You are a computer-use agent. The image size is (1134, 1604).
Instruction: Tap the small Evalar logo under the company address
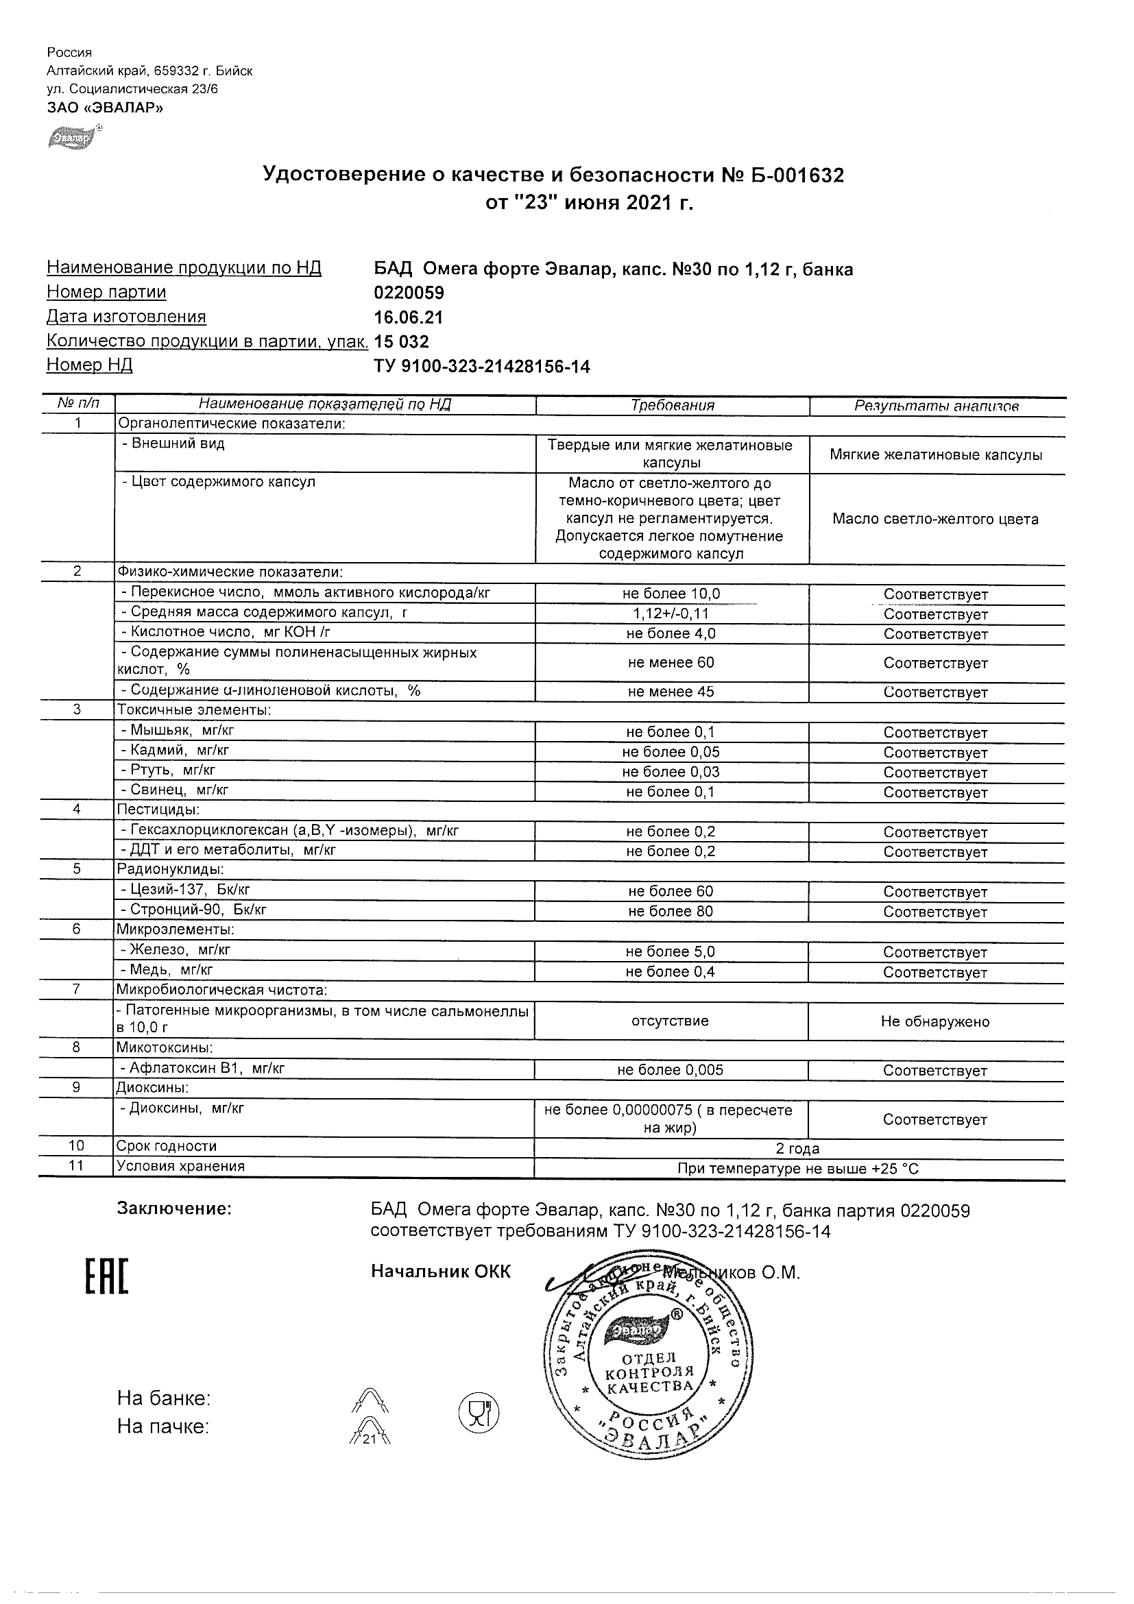[x=70, y=138]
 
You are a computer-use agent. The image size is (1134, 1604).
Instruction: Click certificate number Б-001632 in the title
[x=793, y=175]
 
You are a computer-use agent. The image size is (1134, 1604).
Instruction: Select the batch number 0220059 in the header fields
[x=409, y=293]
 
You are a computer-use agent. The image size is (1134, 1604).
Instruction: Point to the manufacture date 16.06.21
[x=409, y=318]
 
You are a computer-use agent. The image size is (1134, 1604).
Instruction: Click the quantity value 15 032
[x=402, y=341]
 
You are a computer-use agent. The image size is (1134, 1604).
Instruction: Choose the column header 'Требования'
[x=672, y=406]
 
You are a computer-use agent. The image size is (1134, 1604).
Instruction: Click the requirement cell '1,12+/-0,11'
[x=671, y=613]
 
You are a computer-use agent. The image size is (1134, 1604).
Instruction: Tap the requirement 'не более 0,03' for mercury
[x=671, y=772]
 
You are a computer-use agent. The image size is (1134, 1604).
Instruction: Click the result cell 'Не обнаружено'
[x=935, y=1021]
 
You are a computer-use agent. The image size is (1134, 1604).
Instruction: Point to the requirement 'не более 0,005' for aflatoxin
[x=671, y=1069]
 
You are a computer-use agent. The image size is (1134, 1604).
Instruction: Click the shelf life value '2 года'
[x=797, y=1149]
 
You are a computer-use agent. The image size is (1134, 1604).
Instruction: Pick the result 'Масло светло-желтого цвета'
[x=935, y=519]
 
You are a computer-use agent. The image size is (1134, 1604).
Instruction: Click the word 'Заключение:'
[x=174, y=1209]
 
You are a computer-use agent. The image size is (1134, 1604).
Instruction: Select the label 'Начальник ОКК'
[x=440, y=1271]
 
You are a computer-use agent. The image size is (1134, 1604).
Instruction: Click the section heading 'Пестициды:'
[x=158, y=810]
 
